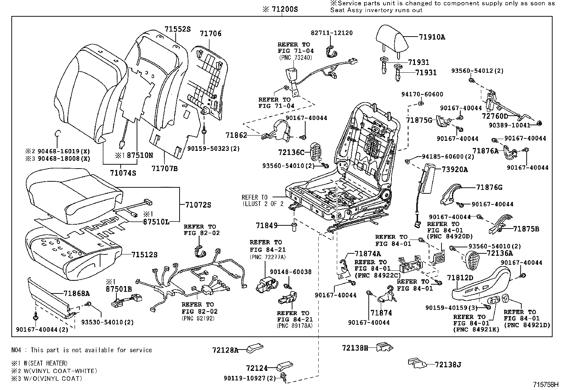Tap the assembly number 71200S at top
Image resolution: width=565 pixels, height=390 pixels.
tap(280, 10)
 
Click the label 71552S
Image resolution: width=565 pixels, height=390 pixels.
tap(177, 29)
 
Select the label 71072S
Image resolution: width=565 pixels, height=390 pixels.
tap(198, 205)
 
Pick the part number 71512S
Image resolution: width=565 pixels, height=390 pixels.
tap(144, 254)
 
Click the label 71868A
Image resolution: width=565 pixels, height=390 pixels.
tap(76, 293)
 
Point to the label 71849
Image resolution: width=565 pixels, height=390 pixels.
tap(264, 225)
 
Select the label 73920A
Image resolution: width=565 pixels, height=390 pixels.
tap(455, 169)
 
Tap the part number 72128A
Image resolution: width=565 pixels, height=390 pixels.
tap(225, 350)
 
